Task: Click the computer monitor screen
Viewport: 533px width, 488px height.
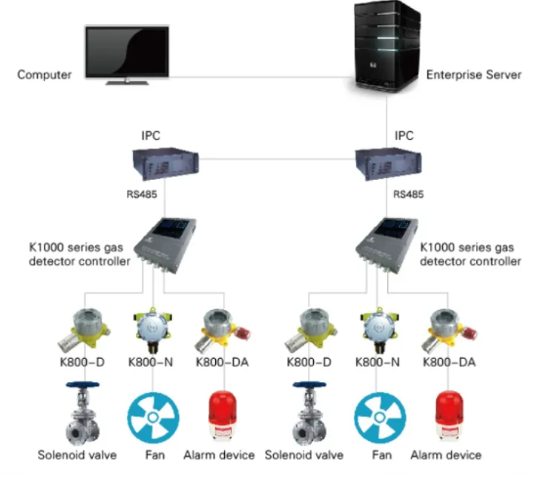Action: (127, 52)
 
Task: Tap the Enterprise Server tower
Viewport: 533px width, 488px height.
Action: (387, 47)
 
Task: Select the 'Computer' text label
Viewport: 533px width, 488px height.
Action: (45, 74)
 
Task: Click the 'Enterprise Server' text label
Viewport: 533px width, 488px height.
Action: (474, 74)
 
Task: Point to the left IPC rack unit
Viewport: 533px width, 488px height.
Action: (165, 163)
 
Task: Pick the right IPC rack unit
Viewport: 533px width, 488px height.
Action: (388, 163)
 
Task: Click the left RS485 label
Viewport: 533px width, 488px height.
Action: (142, 195)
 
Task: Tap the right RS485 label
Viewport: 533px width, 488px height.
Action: (408, 195)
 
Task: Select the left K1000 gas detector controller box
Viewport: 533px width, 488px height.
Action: (165, 244)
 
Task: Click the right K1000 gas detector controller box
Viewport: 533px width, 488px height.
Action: (387, 244)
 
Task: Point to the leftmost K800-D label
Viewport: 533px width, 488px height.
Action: (82, 362)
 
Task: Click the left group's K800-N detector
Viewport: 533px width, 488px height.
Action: (153, 330)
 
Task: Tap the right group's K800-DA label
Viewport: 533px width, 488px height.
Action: (449, 362)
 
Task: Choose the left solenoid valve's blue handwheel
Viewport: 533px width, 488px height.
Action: (82, 385)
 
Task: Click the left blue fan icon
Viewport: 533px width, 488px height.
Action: (153, 418)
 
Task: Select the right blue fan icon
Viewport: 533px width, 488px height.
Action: (379, 418)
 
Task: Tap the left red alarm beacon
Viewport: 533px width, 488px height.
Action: (222, 416)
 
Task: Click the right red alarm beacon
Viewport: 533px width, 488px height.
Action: (449, 416)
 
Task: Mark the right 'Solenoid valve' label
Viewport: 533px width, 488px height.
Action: (304, 455)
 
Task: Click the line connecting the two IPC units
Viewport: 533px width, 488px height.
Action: (277, 159)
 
